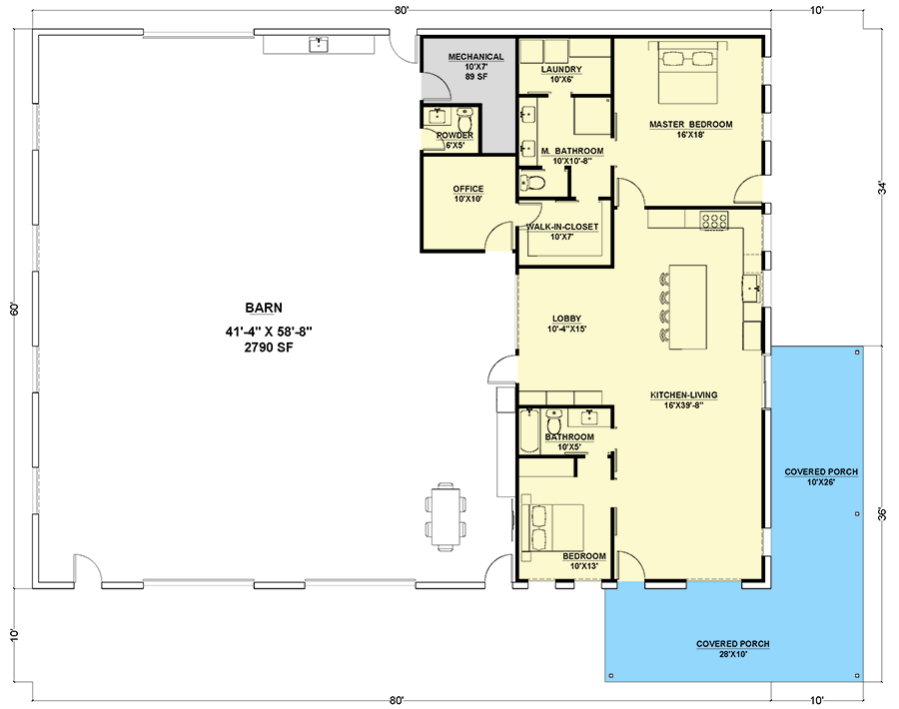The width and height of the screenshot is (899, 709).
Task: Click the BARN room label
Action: click(264, 308)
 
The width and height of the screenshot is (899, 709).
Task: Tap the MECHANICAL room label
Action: click(475, 57)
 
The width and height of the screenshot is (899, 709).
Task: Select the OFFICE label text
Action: click(468, 189)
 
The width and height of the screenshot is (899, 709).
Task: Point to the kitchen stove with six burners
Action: click(714, 221)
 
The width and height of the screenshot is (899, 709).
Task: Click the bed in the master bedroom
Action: click(687, 73)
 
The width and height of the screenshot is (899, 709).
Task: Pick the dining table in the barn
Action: click(446, 517)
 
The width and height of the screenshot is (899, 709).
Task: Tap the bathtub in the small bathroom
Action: click(529, 431)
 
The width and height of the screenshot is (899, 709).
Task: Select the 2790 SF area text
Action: click(269, 348)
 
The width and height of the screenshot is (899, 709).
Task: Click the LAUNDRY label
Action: click(561, 69)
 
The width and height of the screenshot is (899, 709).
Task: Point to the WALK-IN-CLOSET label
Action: click(562, 227)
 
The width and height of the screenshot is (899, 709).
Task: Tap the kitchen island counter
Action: click(688, 307)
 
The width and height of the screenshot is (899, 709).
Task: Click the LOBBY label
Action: click(566, 319)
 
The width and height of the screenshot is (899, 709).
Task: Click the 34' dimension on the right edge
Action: click(884, 188)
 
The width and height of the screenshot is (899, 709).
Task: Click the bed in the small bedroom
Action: click(552, 528)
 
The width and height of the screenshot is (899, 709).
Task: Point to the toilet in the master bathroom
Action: click(532, 183)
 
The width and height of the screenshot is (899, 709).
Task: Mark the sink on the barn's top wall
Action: click(319, 44)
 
